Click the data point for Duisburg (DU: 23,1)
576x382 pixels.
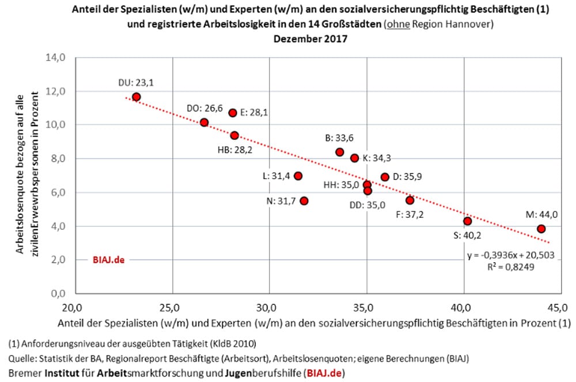(136, 97)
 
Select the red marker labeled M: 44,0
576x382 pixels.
(541, 229)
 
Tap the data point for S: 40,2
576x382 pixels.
(467, 221)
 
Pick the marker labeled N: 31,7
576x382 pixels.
(304, 201)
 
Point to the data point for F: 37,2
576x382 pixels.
(410, 200)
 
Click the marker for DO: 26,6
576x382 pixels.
(204, 122)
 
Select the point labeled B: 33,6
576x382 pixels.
(340, 152)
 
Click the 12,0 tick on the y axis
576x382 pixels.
(59, 91)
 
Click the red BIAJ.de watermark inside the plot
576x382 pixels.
(108, 260)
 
